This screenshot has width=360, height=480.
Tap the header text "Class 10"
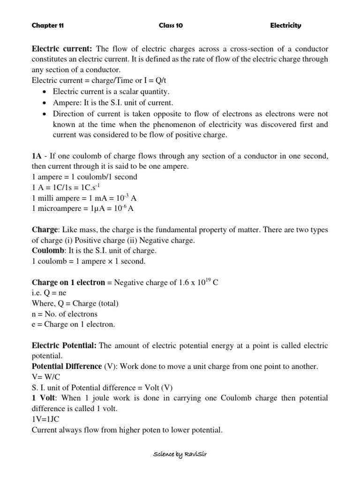tap(171, 26)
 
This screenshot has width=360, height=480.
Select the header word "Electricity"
tap(285, 26)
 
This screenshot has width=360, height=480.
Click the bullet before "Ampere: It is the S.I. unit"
tap(44, 103)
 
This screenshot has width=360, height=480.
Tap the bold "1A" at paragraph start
tap(37, 156)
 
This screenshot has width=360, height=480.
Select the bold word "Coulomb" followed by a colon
tap(46, 251)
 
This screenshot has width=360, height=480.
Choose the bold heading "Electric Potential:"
tap(64, 345)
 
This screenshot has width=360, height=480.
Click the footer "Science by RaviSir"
tap(180, 455)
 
